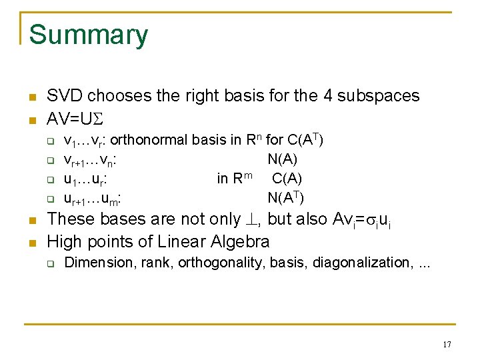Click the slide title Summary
(x=89, y=35)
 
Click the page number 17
(x=447, y=345)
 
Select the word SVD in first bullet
(x=65, y=96)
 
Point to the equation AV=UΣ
(x=76, y=118)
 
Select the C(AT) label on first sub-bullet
(x=305, y=140)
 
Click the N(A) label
(x=283, y=159)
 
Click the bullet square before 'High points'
(x=31, y=242)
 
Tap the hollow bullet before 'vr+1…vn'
(x=49, y=160)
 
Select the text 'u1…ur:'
(x=87, y=179)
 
